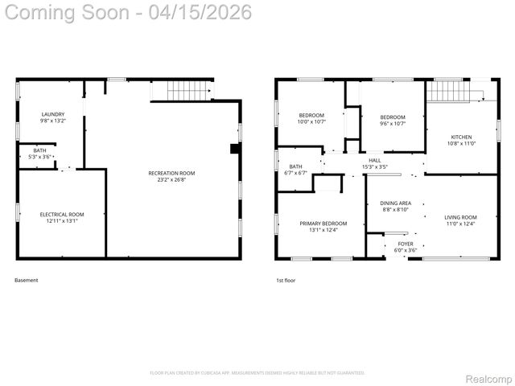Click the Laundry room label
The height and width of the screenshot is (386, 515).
pyautogui.click(x=53, y=114)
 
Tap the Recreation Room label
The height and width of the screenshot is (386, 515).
pyautogui.click(x=171, y=173)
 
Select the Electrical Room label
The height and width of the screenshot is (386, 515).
pyautogui.click(x=62, y=214)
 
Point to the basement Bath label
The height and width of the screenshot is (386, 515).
pyautogui.click(x=39, y=150)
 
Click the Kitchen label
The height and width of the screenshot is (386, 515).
pyautogui.click(x=461, y=137)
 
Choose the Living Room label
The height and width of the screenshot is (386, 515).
pyautogui.click(x=460, y=217)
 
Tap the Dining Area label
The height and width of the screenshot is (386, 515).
pyautogui.click(x=395, y=203)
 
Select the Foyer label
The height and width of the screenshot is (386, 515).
pyautogui.click(x=406, y=244)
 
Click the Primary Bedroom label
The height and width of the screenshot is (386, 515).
pyautogui.click(x=323, y=223)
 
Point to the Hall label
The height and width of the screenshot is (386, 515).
pyautogui.click(x=375, y=160)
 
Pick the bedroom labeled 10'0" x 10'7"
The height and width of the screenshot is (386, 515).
pyautogui.click(x=311, y=116)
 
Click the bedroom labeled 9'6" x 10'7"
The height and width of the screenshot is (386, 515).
pyautogui.click(x=393, y=116)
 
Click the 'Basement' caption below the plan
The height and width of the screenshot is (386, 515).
pyautogui.click(x=27, y=280)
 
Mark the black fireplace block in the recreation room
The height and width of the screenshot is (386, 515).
pyautogui.click(x=234, y=148)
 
